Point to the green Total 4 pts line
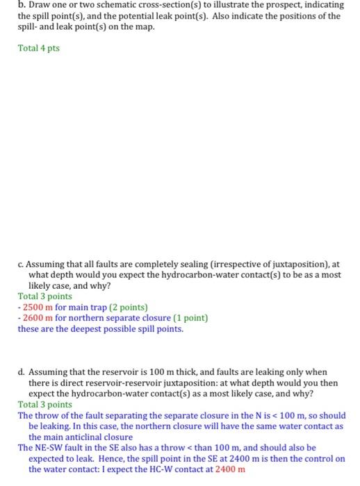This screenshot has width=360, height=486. pos(39,49)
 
